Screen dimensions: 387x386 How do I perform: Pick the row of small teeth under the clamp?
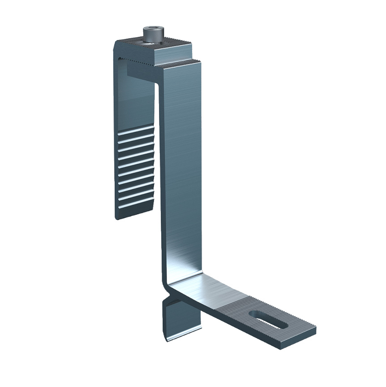click(x=134, y=59)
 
